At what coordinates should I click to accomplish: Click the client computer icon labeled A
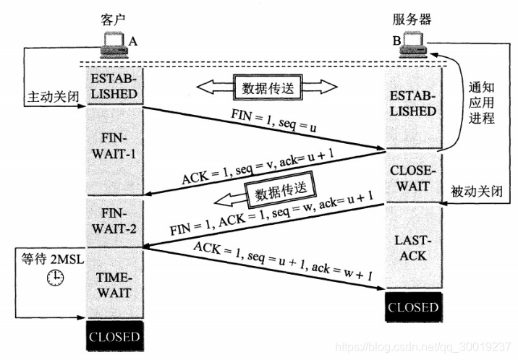113,46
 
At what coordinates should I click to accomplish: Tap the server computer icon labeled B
414,46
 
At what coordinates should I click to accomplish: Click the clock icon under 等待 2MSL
54,277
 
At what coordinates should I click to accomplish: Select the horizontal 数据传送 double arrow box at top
267,87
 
